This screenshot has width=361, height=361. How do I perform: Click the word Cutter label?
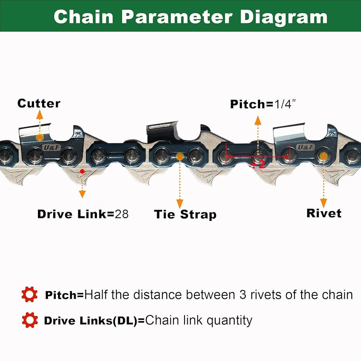point(39,103)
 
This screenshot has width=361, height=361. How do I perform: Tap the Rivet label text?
point(324,213)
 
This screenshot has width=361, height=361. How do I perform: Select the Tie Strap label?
point(185,214)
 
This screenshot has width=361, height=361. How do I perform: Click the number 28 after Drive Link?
point(122,214)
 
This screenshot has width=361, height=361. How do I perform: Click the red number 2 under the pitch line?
point(260,164)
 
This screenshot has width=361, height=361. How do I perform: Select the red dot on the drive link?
point(82,172)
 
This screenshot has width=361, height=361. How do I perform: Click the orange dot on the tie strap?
point(179,156)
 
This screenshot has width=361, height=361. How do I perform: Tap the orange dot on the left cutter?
point(39,138)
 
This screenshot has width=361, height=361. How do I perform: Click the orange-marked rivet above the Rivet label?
point(323,156)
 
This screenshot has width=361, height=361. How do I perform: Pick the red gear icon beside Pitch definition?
point(29,295)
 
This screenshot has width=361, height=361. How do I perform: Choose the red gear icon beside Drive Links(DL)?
point(29,321)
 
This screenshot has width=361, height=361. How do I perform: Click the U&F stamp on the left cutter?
point(52,148)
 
